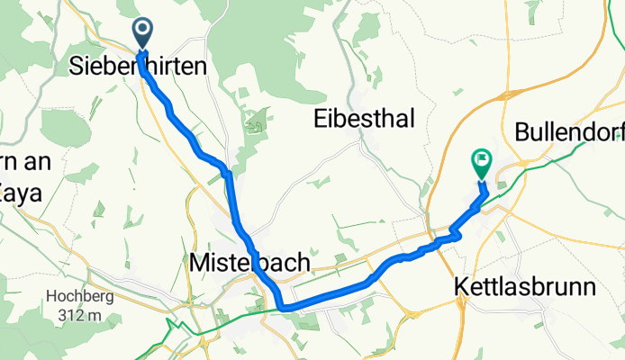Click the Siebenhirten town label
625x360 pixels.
point(138,67)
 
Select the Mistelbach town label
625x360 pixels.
point(250,263)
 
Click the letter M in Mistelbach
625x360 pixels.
point(201,263)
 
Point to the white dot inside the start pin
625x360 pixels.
point(143,31)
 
